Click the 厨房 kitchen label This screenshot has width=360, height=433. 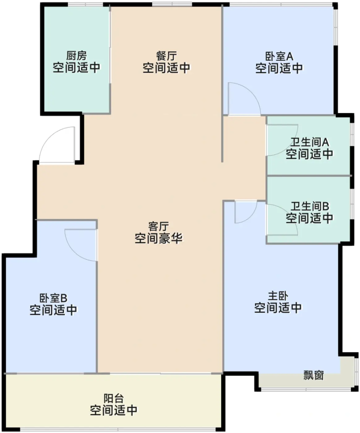76,56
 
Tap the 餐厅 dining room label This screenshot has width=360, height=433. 166,56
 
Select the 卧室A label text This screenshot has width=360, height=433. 279,56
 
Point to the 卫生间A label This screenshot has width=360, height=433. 309,142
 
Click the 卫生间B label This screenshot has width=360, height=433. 309,206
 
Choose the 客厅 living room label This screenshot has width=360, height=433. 158,226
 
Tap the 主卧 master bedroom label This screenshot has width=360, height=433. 278,296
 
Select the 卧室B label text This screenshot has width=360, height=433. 53,298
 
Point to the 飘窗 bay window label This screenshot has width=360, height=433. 313,375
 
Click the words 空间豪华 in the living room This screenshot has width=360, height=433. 158,238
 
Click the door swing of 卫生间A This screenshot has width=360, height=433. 281,139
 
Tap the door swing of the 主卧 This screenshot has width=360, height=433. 245,212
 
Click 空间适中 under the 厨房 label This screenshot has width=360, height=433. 76,67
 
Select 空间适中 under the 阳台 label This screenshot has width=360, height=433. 114,410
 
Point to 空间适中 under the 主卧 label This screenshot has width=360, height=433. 278,308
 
